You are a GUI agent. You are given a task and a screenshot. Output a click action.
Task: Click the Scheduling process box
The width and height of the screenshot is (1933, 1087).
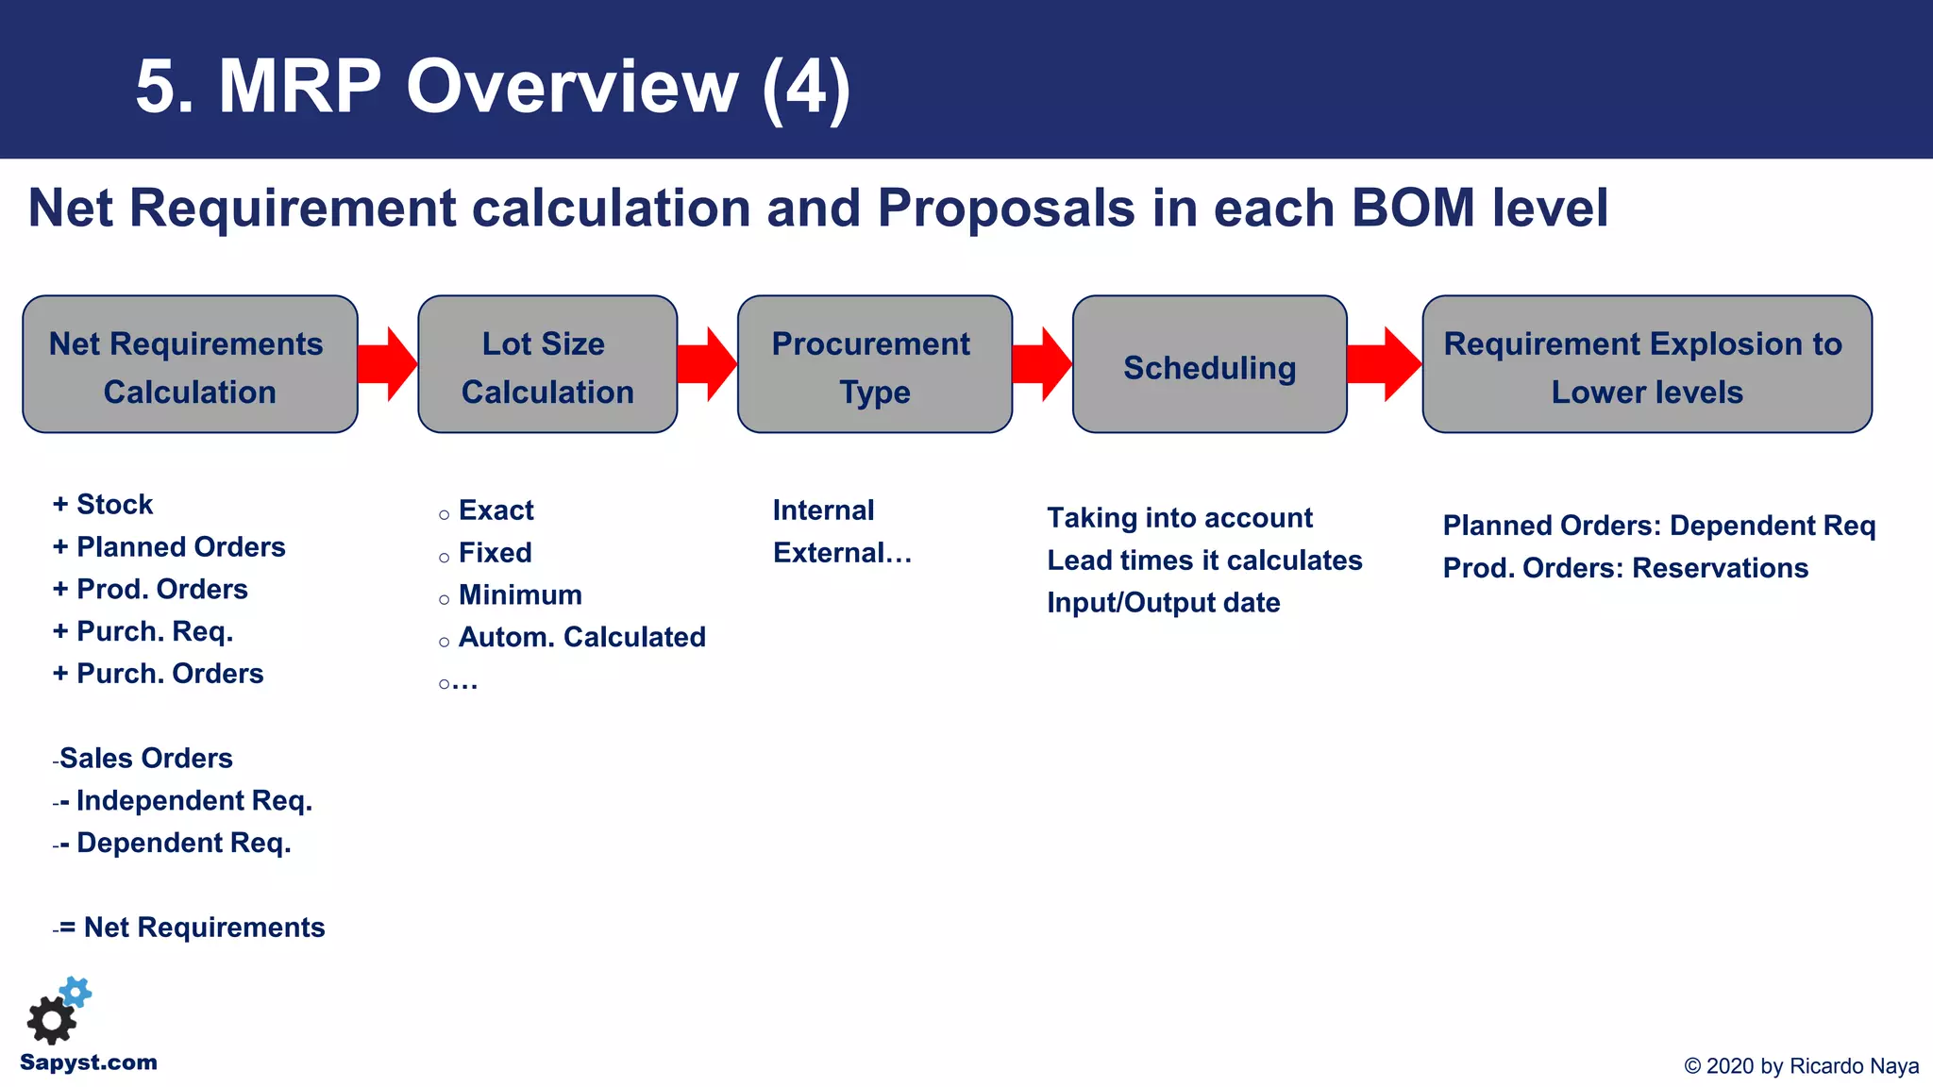point(1209,365)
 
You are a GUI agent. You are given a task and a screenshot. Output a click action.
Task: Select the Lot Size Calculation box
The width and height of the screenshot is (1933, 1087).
point(547,365)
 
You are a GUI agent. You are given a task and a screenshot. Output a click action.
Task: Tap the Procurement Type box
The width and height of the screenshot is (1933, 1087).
point(874,365)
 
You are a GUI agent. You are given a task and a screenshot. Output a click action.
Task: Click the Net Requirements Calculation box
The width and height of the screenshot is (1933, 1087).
point(190,365)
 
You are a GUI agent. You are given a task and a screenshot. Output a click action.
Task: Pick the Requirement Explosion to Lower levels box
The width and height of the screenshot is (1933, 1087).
point(1646,365)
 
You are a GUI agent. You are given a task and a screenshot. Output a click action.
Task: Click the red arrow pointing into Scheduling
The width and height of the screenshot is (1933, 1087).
point(1042,364)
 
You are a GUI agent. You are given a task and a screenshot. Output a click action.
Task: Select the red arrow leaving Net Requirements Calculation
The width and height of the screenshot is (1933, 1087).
point(388,364)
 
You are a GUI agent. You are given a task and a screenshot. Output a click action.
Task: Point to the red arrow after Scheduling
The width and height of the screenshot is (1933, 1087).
point(1384,364)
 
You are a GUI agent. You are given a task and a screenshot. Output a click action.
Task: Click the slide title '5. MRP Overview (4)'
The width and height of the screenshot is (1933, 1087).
point(493,87)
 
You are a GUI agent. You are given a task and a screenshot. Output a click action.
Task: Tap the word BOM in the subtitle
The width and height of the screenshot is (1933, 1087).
point(1413,208)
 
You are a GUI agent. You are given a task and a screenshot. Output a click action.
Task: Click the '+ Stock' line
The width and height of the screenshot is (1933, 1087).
point(103,505)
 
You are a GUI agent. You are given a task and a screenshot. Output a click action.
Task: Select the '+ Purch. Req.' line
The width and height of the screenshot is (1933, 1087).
point(143,631)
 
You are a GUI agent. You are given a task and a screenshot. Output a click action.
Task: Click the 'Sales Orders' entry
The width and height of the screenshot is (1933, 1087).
point(145,758)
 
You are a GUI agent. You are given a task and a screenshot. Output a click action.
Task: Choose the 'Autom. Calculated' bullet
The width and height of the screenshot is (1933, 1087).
point(581,638)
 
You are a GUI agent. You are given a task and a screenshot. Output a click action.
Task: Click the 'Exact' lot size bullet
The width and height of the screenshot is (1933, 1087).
point(496,510)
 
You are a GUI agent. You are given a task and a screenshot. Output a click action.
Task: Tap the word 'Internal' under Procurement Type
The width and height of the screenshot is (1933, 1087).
point(823,510)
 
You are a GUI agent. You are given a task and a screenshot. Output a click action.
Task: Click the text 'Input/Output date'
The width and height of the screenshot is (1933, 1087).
point(1163,603)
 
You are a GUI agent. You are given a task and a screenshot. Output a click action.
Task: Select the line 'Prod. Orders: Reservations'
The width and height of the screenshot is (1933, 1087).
point(1624,568)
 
